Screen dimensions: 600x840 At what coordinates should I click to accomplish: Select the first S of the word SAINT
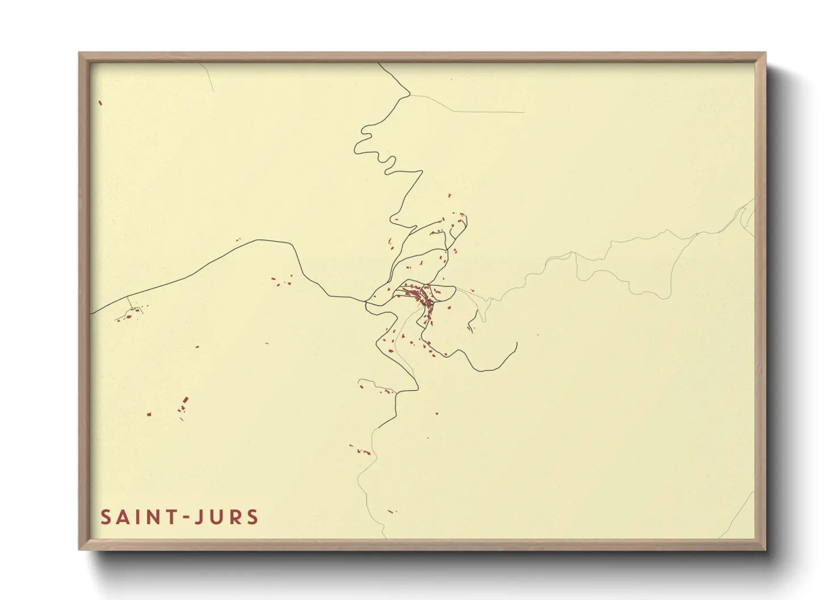click(106, 517)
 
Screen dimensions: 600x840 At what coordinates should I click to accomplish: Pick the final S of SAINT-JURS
click(253, 517)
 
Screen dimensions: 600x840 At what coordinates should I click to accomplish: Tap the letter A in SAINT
click(123, 517)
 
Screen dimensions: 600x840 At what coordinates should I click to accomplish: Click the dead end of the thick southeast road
click(516, 343)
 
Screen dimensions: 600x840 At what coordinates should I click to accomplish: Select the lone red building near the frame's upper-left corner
click(100, 103)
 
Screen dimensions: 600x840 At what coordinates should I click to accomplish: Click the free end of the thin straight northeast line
click(523, 112)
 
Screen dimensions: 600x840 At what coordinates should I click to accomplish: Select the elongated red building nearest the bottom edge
click(390, 512)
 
